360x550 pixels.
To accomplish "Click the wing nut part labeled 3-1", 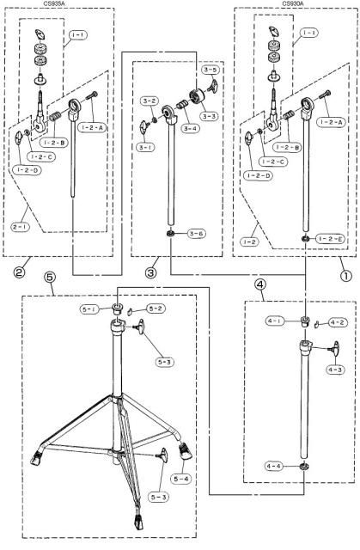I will coord(145,127).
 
